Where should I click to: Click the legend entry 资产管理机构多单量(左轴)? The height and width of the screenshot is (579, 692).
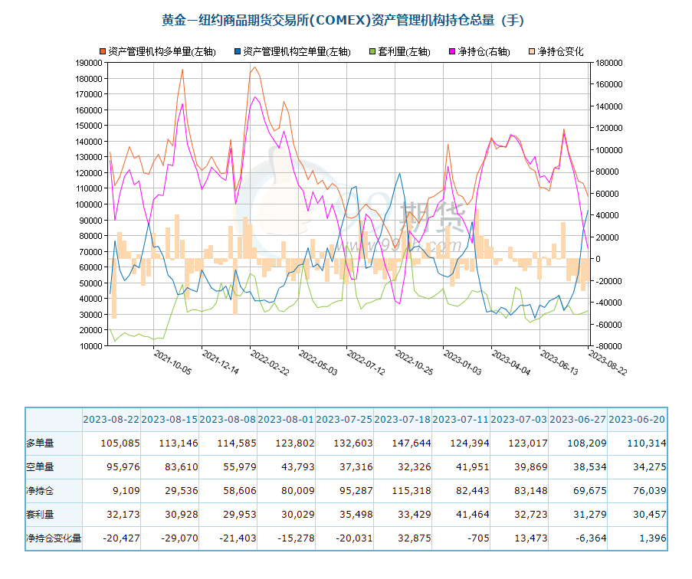point(162,52)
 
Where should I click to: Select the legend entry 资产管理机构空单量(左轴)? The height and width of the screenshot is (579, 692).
point(296,52)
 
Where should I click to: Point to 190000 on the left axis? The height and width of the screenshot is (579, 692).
point(87,63)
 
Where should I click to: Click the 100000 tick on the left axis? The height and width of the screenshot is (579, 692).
point(87,204)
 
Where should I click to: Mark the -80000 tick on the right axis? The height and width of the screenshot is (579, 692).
point(603,346)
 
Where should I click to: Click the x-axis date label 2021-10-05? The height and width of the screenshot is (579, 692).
point(172,362)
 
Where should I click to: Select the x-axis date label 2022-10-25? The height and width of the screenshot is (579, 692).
point(412,362)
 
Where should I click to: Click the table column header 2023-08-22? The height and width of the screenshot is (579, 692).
point(111,420)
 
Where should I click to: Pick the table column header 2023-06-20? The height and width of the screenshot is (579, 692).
point(638,420)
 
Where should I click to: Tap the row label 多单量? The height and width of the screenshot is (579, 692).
point(41,443)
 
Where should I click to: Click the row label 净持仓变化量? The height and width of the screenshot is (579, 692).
point(54,538)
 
